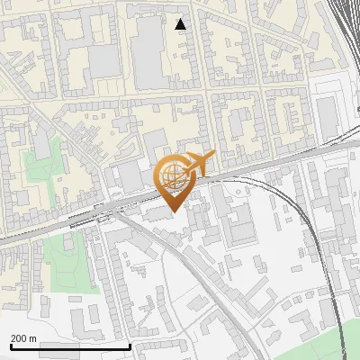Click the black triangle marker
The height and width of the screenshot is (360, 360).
(181, 23)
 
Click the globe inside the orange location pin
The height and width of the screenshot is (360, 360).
(174, 176)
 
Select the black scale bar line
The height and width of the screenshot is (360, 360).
(70, 346)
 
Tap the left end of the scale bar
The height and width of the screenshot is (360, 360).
(10, 346)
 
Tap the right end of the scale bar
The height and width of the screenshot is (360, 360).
(130, 346)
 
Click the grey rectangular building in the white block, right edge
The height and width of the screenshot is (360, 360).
(327, 112)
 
